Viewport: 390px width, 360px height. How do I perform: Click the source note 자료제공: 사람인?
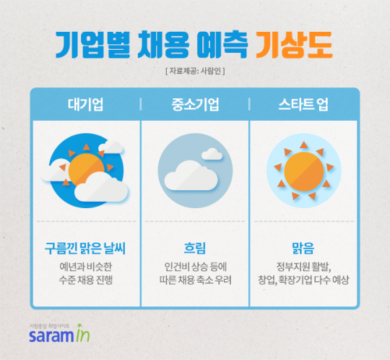[195, 71]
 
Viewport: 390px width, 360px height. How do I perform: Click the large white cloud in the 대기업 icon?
[100, 186]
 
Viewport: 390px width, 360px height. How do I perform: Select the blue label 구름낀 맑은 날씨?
[85, 249]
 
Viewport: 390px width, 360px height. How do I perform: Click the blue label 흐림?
[195, 249]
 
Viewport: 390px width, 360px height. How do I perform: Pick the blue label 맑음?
[304, 249]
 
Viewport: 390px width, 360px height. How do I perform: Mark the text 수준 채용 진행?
[85, 280]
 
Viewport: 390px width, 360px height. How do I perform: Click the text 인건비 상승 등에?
[194, 266]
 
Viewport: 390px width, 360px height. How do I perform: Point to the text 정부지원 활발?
[304, 266]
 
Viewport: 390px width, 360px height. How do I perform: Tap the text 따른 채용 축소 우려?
[194, 280]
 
